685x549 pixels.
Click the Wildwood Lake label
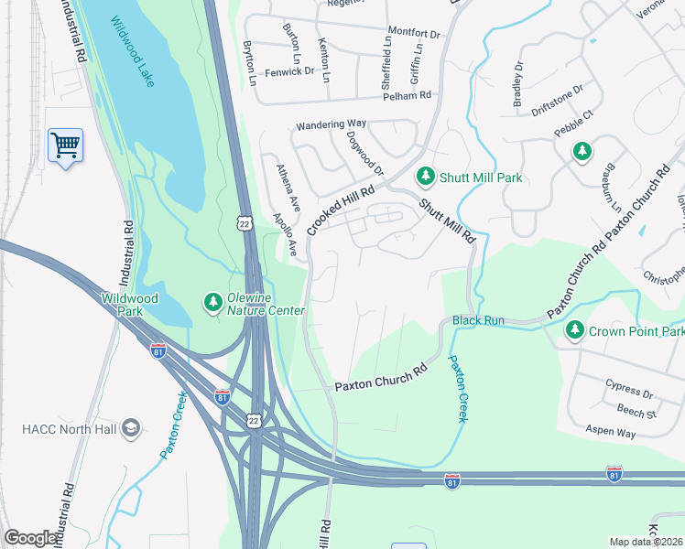coord(132,52)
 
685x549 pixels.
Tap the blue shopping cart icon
coord(65,145)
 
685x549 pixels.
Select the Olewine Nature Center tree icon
coord(212,301)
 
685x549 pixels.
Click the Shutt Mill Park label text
coord(481,177)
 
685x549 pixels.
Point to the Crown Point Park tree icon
coord(575,329)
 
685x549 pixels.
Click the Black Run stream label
coord(478,320)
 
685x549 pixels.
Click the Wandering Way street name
coord(330,124)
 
